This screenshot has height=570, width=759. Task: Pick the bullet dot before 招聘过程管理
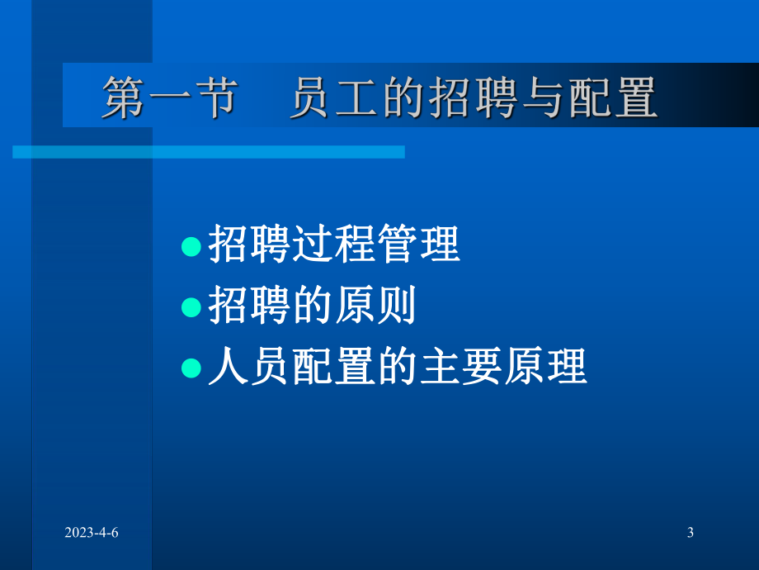[191, 246]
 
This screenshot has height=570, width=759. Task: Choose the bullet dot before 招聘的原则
[191, 307]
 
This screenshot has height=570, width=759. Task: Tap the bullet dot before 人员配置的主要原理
[191, 368]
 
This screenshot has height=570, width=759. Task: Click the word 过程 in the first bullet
[335, 246]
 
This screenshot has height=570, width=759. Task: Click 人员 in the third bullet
[250, 368]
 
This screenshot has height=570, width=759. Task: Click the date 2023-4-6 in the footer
[92, 533]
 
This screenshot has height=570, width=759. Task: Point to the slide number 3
[690, 533]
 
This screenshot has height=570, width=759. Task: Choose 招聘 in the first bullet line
[250, 246]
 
